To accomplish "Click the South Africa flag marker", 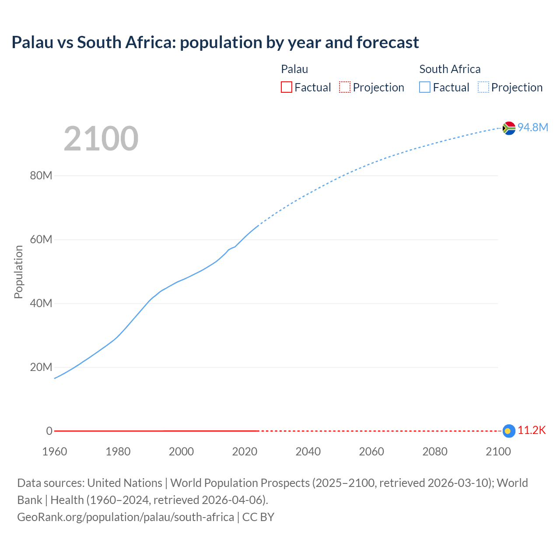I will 509,128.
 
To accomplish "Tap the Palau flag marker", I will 508,431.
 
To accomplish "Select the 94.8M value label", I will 533,127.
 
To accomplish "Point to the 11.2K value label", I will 532,430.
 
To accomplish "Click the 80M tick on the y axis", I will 41,176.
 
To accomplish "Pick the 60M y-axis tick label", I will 41,240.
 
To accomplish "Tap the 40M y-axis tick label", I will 41,304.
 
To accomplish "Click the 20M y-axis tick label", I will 41,367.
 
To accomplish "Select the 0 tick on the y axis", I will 49,431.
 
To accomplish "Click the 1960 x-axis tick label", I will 55,452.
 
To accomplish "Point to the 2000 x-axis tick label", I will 181,452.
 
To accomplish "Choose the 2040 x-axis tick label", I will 308,452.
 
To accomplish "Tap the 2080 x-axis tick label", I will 435,452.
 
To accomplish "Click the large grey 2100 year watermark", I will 101,139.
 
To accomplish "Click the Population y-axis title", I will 18,272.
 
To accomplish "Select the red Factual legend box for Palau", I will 287,87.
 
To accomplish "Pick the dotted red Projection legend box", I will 345,87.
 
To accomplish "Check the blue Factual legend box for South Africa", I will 425,87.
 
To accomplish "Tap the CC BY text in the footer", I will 258,517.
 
